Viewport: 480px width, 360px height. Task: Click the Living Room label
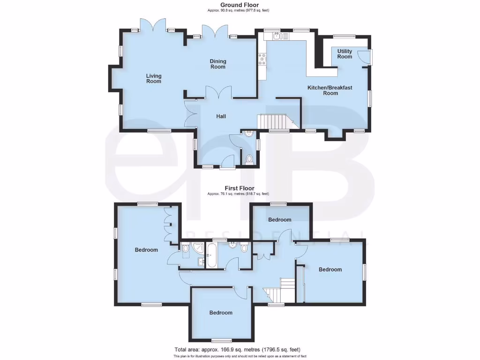click(153, 78)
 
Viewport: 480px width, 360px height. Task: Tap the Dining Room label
click(217, 64)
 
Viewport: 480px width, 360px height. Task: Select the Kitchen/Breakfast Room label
click(330, 90)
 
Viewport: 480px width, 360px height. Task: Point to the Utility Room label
click(345, 54)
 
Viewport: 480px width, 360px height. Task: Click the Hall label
click(221, 116)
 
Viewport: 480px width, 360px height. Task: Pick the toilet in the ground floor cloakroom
click(249, 159)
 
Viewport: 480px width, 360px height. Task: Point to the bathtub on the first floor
click(211, 255)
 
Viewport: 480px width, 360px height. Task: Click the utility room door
click(364, 57)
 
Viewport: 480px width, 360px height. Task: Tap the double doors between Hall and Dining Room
click(218, 92)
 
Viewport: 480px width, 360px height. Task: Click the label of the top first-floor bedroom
click(279, 219)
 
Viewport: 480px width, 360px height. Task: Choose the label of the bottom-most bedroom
click(220, 313)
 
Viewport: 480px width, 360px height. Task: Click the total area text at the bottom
click(237, 350)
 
